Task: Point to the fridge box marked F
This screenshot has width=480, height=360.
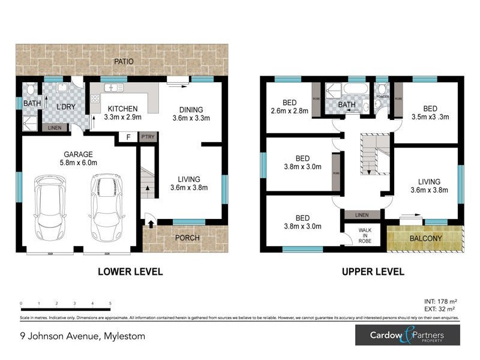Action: [x=127, y=137]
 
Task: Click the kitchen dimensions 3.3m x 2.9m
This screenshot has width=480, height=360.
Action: [x=122, y=118]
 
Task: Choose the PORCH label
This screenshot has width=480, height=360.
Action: [x=187, y=238]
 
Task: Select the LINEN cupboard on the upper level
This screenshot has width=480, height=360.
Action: [x=361, y=215]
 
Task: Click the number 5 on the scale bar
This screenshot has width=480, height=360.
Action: [x=110, y=304]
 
